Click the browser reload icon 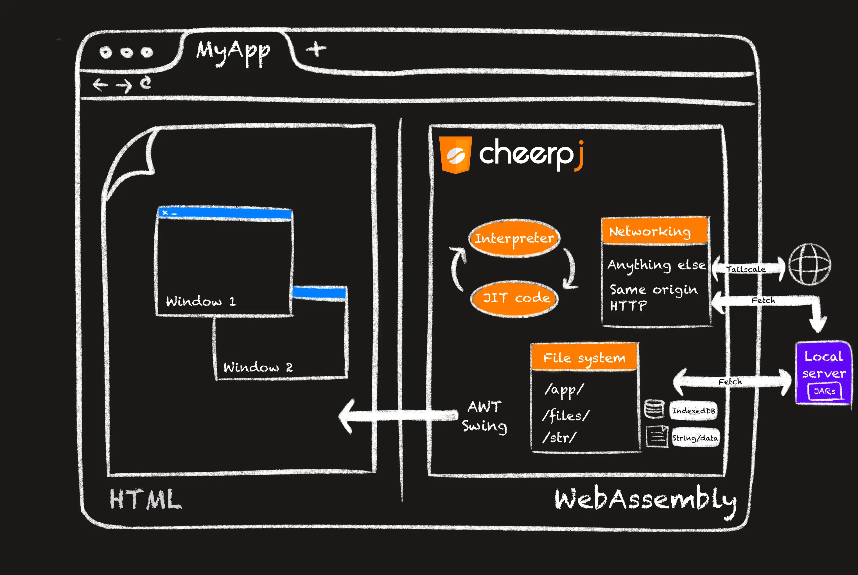[146, 83]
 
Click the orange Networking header [655, 231]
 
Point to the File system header [584, 357]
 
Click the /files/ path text [565, 416]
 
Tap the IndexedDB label [694, 411]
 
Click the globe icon [810, 264]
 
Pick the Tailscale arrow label [746, 269]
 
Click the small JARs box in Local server [825, 391]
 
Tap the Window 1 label [200, 302]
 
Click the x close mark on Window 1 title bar [165, 212]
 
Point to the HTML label [145, 499]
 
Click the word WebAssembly [645, 500]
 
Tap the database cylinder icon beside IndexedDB [654, 409]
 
